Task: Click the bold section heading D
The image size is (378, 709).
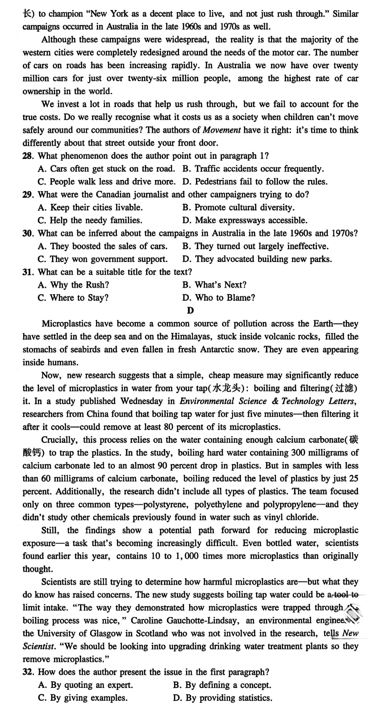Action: [190, 311]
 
